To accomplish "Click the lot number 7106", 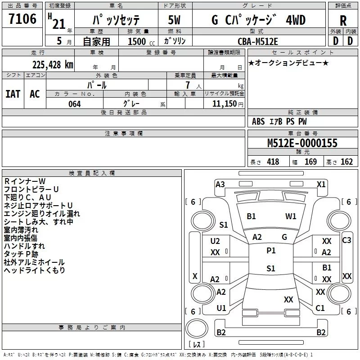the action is tap(22, 19).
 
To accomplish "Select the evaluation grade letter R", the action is tap(343, 21).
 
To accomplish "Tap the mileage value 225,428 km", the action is tap(52, 65).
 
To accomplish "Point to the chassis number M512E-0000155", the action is tap(302, 143).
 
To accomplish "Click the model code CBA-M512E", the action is tap(258, 41).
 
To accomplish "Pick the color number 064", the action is tap(74, 104).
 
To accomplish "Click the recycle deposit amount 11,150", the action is tap(225, 104).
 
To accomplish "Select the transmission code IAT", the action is tap(13, 94).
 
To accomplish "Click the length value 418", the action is tap(273, 162).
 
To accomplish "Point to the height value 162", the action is tap(346, 162).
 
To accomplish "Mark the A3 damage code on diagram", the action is tap(220, 184).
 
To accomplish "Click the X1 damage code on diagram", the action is tap(321, 184).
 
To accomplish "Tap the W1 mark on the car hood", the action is tap(291, 216).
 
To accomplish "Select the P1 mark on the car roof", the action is tap(271, 251).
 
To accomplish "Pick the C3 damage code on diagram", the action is tap(346, 240).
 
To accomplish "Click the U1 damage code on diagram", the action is tap(221, 308).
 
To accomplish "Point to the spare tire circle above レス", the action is tap(196, 328).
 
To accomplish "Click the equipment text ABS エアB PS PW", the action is tap(279, 121).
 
